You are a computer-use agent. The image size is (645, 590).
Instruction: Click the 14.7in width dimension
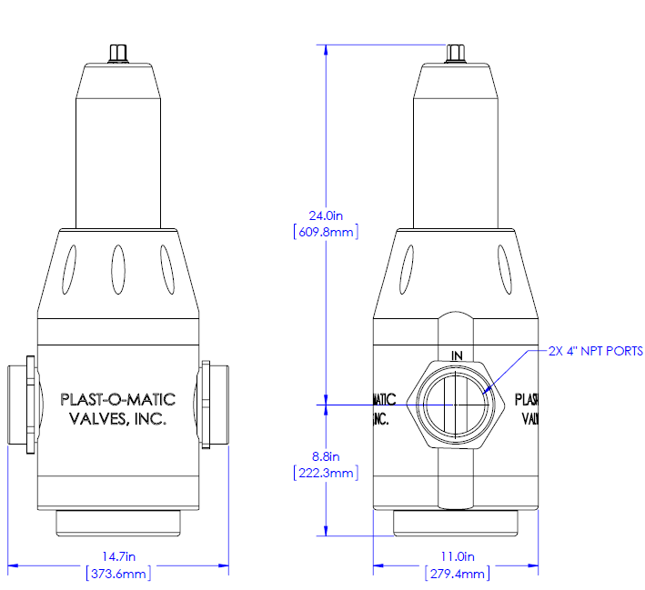(118, 556)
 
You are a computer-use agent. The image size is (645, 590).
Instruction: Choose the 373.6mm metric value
(118, 573)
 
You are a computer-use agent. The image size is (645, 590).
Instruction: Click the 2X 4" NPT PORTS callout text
(596, 350)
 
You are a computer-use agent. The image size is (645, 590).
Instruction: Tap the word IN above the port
(457, 355)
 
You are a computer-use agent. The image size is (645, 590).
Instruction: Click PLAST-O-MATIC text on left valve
(117, 399)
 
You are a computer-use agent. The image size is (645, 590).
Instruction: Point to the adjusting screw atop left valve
(118, 53)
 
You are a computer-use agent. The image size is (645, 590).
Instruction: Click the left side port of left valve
(22, 405)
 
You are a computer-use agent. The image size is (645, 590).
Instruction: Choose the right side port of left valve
(215, 405)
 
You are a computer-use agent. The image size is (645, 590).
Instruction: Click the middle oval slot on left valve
(118, 270)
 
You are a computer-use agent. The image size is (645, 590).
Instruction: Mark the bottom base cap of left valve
(118, 524)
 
